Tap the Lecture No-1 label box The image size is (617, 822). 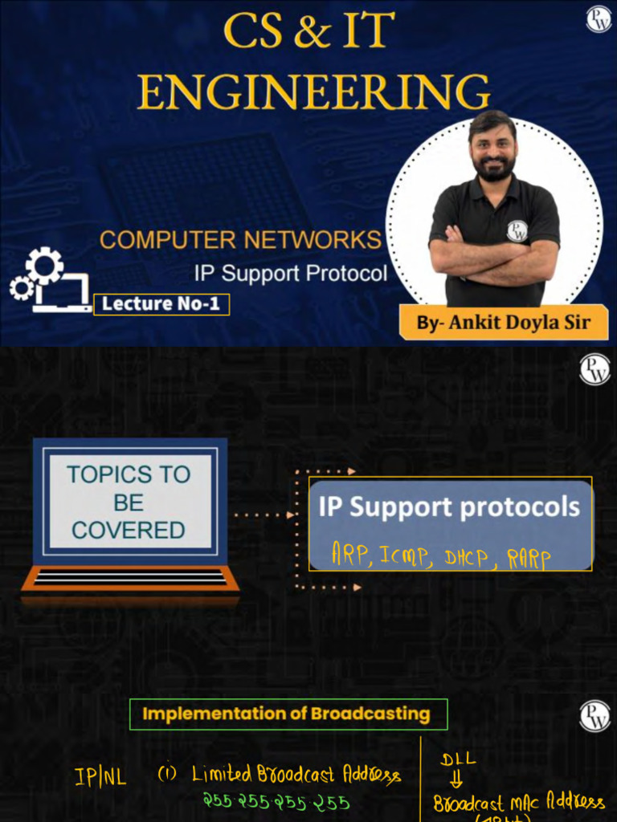[161, 304]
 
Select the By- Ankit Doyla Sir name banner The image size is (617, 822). [503, 323]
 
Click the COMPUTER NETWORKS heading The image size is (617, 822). [240, 239]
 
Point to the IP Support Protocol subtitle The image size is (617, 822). [290, 273]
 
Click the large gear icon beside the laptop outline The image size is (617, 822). [44, 266]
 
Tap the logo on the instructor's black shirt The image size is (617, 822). [517, 231]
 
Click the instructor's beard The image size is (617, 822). [493, 168]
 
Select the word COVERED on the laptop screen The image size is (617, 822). [129, 530]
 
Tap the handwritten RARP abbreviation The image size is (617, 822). [529, 559]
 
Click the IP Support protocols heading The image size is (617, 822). [449, 507]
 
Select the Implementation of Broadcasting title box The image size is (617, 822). [288, 714]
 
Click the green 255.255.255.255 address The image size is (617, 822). [276, 802]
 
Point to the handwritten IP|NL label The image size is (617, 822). [100, 777]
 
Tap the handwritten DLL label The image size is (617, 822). [459, 759]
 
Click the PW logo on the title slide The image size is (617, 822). [599, 19]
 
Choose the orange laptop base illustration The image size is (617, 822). [130, 579]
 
